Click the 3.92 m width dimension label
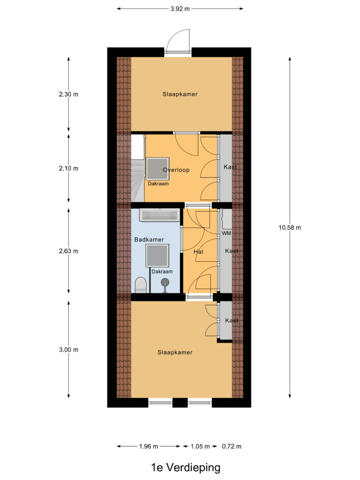click(180, 9)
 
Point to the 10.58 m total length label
click(290, 227)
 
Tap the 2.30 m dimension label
click(68, 94)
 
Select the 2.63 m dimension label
click(68, 251)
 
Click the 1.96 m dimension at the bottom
click(149, 446)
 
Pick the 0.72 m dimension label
click(232, 446)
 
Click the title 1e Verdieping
click(186, 467)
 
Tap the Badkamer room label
click(149, 240)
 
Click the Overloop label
click(176, 170)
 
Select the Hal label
click(198, 252)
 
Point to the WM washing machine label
click(226, 233)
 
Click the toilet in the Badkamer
click(141, 285)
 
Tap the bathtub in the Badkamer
click(159, 215)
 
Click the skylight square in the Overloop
click(157, 169)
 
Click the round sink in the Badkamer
click(165, 282)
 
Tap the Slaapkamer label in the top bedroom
click(180, 94)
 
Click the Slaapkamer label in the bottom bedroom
click(175, 352)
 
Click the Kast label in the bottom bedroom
click(232, 320)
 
